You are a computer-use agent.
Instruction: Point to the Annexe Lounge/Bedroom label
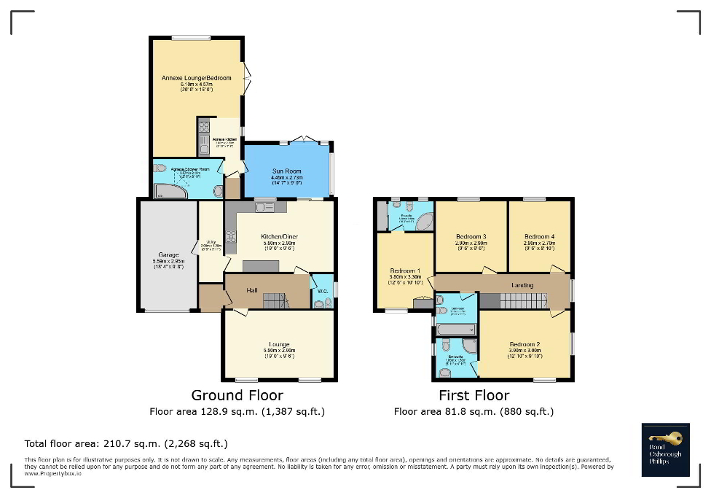pyautogui.click(x=197, y=78)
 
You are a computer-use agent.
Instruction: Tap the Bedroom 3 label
pyautogui.click(x=471, y=237)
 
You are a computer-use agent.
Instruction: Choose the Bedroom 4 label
pyautogui.click(x=539, y=237)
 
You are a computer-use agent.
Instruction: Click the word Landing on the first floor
pyautogui.click(x=522, y=285)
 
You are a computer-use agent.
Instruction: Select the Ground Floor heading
pyautogui.click(x=237, y=395)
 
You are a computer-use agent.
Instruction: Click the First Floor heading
pyautogui.click(x=474, y=395)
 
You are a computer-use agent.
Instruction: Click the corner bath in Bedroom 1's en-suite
pyautogui.click(x=423, y=222)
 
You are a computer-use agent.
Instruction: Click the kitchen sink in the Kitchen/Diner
pyautogui.click(x=264, y=208)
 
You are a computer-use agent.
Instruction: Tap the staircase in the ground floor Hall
pyautogui.click(x=276, y=300)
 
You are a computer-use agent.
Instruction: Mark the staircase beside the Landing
pyautogui.click(x=523, y=300)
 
